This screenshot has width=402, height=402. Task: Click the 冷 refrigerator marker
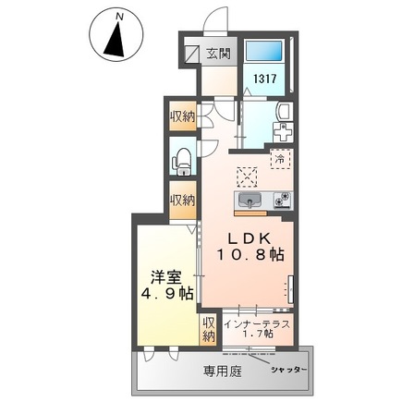click(x=278, y=159)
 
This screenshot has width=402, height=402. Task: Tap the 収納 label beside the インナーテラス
click(x=210, y=330)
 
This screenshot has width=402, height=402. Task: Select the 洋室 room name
click(x=167, y=276)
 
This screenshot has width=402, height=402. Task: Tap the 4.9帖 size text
click(x=168, y=295)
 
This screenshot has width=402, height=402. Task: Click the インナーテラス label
click(x=260, y=325)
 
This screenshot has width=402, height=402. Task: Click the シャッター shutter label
click(x=290, y=370)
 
